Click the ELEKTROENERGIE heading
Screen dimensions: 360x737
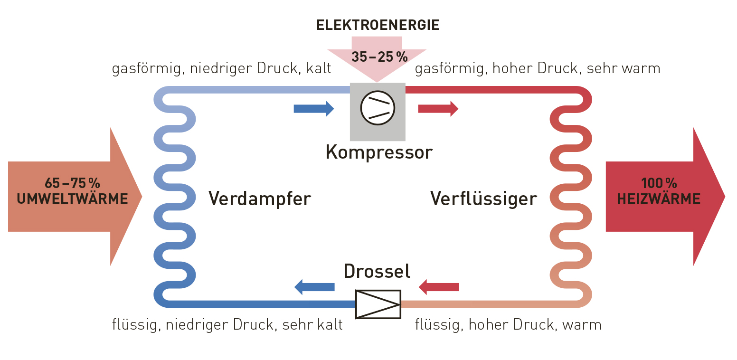[x=378, y=25]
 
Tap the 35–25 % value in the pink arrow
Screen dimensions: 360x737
[x=379, y=57]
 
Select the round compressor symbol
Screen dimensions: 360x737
[x=378, y=108]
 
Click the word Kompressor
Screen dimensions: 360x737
[x=378, y=152]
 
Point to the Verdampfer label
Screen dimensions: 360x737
[x=259, y=199]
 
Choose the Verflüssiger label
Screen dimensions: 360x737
[x=483, y=199]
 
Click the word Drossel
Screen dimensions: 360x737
[x=377, y=271]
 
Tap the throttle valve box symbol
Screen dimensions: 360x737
[x=378, y=304]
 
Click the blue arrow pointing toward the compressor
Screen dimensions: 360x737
[x=313, y=109]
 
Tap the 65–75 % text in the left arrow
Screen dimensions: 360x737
[x=72, y=183]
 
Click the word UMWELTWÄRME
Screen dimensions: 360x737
[x=72, y=199]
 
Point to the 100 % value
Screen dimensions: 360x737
[x=659, y=183]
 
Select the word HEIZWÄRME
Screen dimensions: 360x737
[x=659, y=199]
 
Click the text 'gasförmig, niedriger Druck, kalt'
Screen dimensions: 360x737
[x=221, y=69]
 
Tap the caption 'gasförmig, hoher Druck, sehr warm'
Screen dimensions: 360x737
[x=538, y=69]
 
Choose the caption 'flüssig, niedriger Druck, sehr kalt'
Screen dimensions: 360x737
[x=227, y=325]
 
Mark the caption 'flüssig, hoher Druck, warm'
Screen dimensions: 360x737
[x=508, y=325]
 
